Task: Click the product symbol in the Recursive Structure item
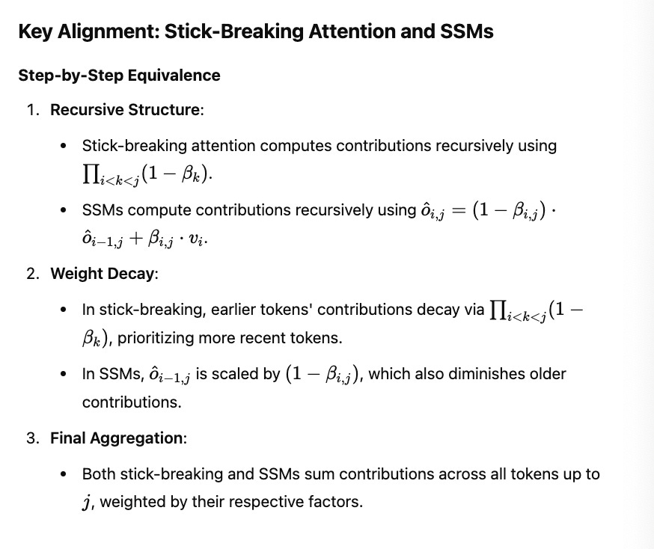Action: [x=91, y=175]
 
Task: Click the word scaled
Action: [x=235, y=373]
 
